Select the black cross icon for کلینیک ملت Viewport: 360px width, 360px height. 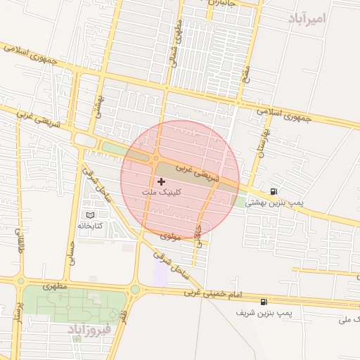point(161,181)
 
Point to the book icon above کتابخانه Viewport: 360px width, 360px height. point(89,215)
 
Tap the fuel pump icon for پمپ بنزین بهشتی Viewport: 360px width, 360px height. point(274,191)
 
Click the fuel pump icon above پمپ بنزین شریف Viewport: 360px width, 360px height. point(264,301)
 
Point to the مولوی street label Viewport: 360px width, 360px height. point(171,237)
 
